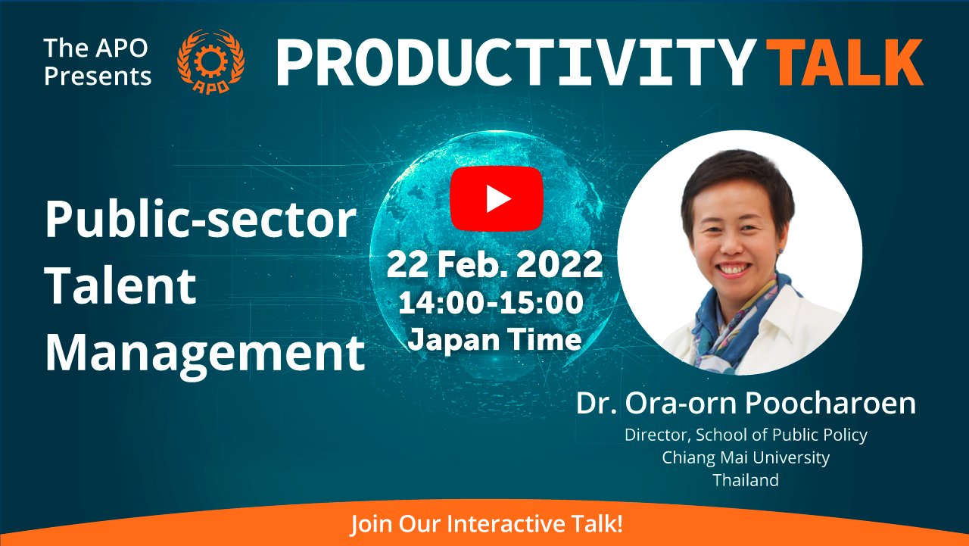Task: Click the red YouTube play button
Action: point(496,198)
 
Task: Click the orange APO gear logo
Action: point(210,61)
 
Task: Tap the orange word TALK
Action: point(844,63)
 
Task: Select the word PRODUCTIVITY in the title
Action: point(516,63)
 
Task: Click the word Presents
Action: point(98,76)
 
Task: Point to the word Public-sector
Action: point(201,219)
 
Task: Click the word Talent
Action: point(120,285)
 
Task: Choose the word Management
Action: point(205,354)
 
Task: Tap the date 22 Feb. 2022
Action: point(495,264)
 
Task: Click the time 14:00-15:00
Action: point(491,302)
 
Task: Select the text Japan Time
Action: point(495,339)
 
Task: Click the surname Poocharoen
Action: point(830,403)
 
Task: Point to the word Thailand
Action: point(746,480)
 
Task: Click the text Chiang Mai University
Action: point(746,457)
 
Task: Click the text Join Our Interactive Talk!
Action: point(486,523)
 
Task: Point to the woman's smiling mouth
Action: point(732,269)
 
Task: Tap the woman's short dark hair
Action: point(738,182)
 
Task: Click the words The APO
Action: point(96,48)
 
